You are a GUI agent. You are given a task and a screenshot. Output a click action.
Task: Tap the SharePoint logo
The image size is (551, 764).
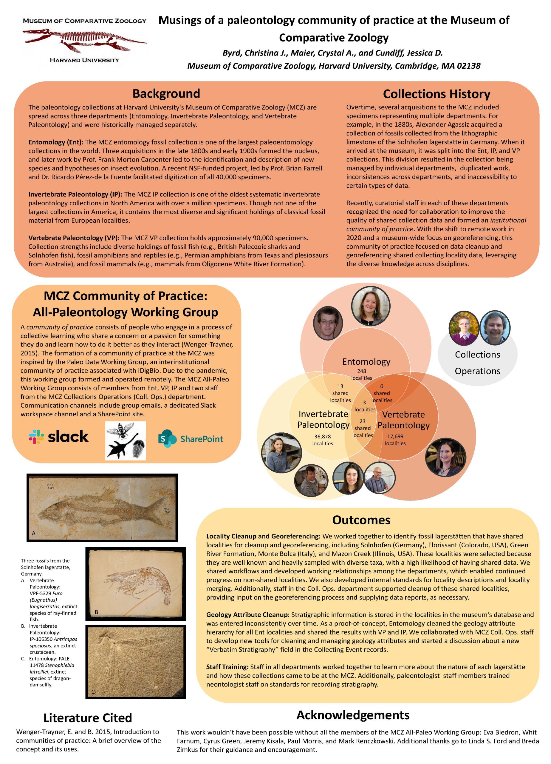(190, 439)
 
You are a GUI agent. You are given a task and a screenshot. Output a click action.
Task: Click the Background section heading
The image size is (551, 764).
(166, 93)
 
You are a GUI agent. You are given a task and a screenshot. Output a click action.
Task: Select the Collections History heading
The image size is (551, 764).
(436, 94)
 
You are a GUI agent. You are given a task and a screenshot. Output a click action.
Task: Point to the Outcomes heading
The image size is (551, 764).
(361, 520)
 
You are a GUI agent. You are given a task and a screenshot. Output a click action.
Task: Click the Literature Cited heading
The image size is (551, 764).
(88, 717)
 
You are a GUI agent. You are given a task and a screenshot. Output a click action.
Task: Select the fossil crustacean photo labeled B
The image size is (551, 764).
(135, 584)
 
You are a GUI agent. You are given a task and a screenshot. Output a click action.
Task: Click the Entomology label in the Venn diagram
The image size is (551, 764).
(366, 361)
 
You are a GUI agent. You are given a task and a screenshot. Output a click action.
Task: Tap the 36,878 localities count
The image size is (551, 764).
(322, 440)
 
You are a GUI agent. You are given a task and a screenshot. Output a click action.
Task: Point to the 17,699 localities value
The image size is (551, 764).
(395, 440)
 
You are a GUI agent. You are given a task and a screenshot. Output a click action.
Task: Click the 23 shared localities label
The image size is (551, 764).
(363, 428)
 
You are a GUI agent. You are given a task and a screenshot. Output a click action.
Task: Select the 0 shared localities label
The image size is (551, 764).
(382, 393)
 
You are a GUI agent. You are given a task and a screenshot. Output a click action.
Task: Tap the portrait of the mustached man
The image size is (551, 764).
(494, 328)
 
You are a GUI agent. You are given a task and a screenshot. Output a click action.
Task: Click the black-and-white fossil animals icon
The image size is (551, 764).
(126, 440)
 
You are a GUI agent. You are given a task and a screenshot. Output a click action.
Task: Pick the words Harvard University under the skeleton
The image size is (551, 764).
(84, 60)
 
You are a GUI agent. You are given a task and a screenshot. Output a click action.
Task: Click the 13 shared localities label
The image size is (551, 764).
(340, 393)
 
